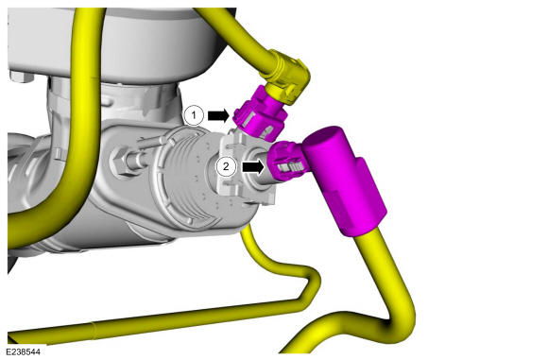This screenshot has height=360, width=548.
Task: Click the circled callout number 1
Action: point(194,115)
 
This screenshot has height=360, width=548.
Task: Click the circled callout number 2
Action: point(226,166)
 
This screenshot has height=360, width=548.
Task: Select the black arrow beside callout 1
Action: point(218,115)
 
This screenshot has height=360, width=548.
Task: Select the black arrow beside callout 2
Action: point(253,166)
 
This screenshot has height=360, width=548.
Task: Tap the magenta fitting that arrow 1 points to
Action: point(261,115)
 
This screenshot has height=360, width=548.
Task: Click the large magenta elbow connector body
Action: point(344,181)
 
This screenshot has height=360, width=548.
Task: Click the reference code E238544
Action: point(23,351)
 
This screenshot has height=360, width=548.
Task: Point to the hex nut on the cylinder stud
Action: point(121,162)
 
